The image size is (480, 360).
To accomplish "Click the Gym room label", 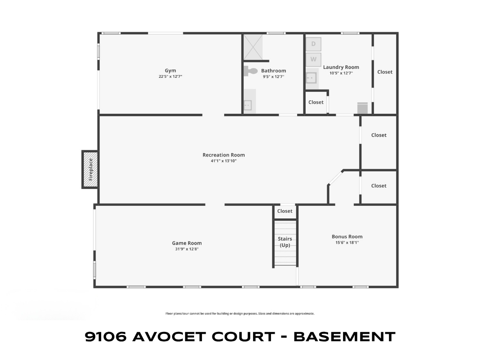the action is (x=170, y=70).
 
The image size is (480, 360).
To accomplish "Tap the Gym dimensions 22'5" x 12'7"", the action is (x=170, y=76).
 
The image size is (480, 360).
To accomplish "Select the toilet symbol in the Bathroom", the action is (x=251, y=71).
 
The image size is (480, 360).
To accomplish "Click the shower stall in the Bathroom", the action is (x=253, y=47).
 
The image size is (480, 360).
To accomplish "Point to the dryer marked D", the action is (x=314, y=44).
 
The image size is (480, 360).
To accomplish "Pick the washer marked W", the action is (x=314, y=59).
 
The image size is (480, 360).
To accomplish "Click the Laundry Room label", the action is (x=341, y=67).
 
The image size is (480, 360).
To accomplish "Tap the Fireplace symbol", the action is (x=90, y=169).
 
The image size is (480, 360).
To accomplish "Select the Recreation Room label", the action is (x=224, y=155).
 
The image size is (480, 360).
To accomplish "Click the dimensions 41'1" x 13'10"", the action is (x=224, y=161).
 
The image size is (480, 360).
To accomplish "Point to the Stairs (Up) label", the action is (x=285, y=242).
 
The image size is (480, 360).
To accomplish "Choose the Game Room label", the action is (x=187, y=243).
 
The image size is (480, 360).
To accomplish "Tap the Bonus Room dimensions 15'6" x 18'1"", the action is (x=347, y=242).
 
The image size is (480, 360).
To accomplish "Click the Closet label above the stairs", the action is (x=285, y=211).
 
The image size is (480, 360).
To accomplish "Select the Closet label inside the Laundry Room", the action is (x=316, y=102).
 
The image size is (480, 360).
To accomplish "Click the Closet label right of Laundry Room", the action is (x=385, y=72).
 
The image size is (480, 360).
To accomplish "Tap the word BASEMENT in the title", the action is (x=345, y=337).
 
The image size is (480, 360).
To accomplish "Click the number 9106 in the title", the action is (x=105, y=337).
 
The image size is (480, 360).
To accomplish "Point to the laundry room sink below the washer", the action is (x=312, y=78).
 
